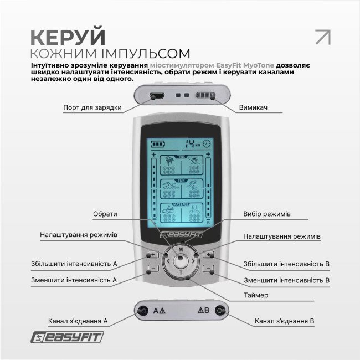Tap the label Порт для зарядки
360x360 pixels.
[92, 107]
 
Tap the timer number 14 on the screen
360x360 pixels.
[190, 142]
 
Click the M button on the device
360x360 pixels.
[181, 250]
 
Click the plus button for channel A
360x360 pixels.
[153, 255]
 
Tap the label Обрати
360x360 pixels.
[105, 214]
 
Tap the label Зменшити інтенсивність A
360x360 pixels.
[74, 280]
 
